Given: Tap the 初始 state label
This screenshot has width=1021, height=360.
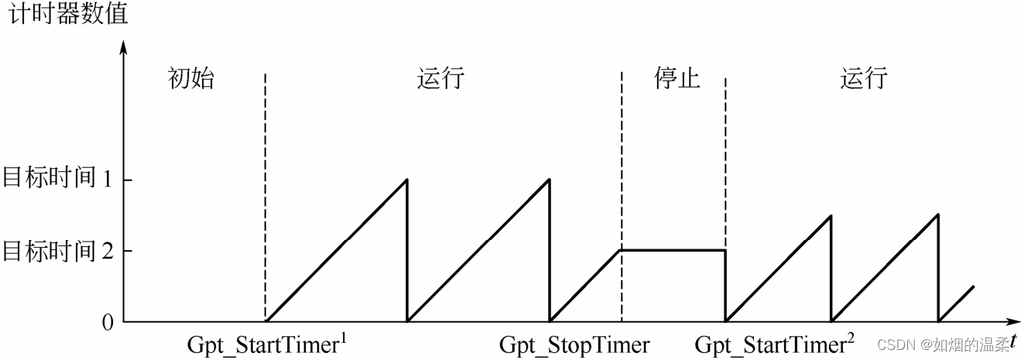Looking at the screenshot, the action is (x=190, y=79).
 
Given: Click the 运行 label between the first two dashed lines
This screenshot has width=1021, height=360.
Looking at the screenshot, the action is (x=440, y=79).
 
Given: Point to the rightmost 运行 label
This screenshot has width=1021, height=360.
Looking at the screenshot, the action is (x=864, y=79).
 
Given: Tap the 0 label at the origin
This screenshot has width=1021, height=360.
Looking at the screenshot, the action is (x=108, y=322).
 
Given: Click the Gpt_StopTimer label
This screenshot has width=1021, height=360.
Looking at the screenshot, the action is (x=574, y=345).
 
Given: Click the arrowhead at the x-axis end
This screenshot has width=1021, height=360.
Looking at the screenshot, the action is (x=1010, y=321).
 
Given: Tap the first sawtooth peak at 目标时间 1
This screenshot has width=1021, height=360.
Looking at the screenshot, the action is (x=406, y=180).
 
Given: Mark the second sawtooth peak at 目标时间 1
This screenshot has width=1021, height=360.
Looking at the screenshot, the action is (x=549, y=180).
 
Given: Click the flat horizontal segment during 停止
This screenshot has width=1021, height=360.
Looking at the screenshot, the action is (x=673, y=250).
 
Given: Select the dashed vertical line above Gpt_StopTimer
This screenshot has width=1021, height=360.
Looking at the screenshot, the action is (x=622, y=155).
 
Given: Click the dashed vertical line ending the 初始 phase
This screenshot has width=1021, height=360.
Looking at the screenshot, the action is (x=266, y=194).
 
